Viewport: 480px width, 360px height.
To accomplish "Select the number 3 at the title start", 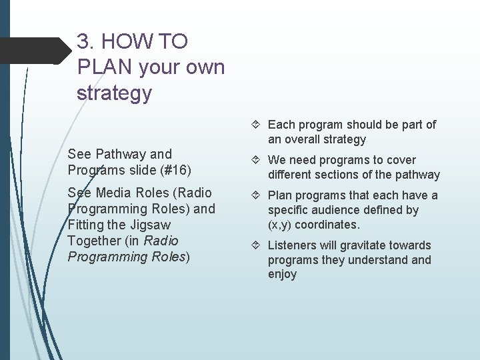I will (x=83, y=42).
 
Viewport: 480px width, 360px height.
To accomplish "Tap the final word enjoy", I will (x=282, y=274).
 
